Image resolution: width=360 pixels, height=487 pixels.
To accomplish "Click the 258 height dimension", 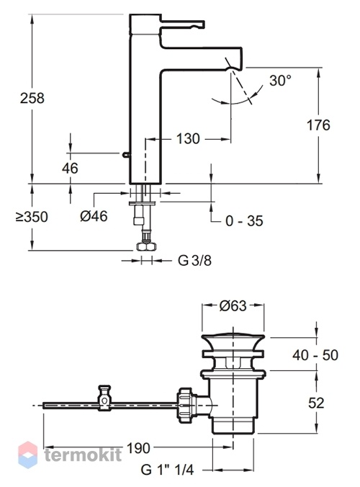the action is pyautogui.click(x=32, y=98).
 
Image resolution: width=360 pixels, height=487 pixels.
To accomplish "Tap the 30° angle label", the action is pyautogui.click(x=281, y=81).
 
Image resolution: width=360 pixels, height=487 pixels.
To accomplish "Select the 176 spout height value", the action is pyautogui.click(x=318, y=125).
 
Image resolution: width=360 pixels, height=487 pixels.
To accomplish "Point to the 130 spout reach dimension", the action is pyautogui.click(x=188, y=138).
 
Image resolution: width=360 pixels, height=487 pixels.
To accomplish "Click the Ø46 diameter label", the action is pyautogui.click(x=94, y=216).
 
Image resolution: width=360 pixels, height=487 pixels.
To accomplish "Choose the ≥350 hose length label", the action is pyautogui.click(x=32, y=216).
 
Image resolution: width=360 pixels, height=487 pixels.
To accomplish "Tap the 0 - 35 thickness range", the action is pyautogui.click(x=244, y=221).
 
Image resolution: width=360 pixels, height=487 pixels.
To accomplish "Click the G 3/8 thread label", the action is pyautogui.click(x=194, y=260).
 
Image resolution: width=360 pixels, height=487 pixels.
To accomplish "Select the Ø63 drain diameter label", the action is pyautogui.click(x=233, y=305).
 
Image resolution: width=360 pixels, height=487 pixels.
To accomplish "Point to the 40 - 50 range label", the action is pyautogui.click(x=315, y=355).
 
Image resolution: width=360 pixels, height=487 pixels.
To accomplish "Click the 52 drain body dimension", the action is pyautogui.click(x=316, y=403).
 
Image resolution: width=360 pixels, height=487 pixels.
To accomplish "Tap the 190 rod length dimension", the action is pyautogui.click(x=138, y=448).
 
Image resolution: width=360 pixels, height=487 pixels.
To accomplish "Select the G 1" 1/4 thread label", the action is pyautogui.click(x=167, y=470).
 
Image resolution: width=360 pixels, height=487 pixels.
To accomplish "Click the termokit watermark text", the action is pyautogui.click(x=83, y=455).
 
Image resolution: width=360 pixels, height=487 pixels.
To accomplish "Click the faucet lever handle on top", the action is pyautogui.click(x=182, y=24).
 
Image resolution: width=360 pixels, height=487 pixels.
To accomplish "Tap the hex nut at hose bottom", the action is pyautogui.click(x=146, y=246).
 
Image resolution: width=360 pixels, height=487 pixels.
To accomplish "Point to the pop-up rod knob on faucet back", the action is pyautogui.click(x=126, y=153).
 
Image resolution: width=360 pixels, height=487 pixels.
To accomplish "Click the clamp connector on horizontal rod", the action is pyautogui.click(x=104, y=398).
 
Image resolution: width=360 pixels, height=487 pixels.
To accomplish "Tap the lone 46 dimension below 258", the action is pyautogui.click(x=70, y=168).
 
